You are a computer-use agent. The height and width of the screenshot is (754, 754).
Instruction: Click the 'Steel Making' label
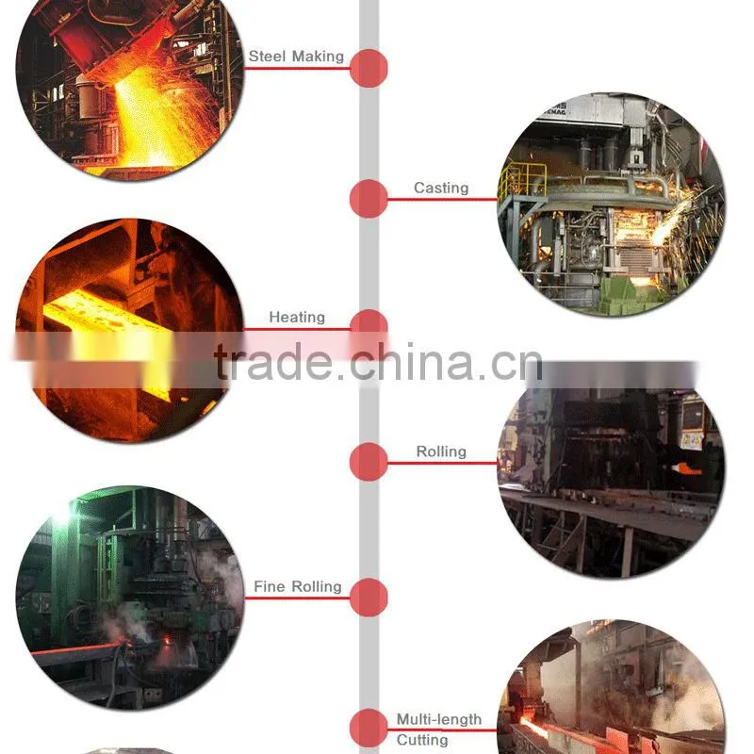[296, 57]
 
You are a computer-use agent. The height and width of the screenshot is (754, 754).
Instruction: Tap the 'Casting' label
[441, 188]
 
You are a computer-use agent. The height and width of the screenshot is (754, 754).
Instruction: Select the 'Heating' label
[297, 317]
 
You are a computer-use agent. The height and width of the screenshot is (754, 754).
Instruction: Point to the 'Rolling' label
[441, 451]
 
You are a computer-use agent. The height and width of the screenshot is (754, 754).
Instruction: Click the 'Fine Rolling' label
[298, 586]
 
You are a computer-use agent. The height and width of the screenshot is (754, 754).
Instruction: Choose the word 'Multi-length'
[438, 719]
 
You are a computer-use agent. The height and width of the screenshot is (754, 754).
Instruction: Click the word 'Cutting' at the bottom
[421, 740]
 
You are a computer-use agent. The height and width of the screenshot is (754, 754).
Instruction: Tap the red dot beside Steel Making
[369, 68]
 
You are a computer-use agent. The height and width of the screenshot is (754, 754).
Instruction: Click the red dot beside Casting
[369, 199]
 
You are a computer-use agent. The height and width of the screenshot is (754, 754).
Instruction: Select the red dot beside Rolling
[369, 462]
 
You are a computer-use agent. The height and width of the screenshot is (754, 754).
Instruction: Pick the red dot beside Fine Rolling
[369, 598]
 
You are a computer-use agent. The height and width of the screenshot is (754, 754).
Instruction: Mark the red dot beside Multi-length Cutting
[369, 728]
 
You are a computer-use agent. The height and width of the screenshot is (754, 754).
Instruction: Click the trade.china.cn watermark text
[379, 362]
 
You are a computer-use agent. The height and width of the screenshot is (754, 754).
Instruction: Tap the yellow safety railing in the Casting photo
[522, 180]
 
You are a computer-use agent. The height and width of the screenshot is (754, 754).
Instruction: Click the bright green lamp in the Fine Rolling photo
[61, 516]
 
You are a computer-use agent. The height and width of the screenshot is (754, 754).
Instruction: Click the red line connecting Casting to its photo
[442, 199]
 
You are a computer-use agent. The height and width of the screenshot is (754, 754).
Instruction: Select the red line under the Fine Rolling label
[297, 598]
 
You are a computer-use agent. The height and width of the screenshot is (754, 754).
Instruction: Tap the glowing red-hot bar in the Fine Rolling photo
[77, 648]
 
